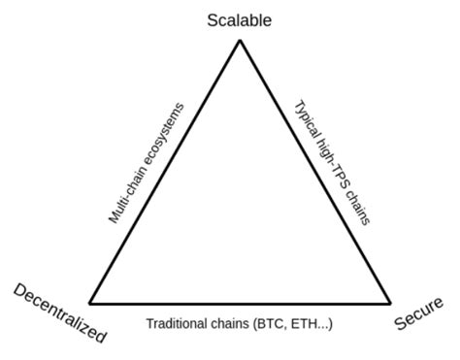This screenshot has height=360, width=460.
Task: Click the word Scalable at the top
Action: (x=239, y=18)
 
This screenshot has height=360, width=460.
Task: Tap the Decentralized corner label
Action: (x=59, y=311)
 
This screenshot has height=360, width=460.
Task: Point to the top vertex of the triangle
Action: (x=240, y=41)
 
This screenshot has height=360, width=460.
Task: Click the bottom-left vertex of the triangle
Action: (x=89, y=303)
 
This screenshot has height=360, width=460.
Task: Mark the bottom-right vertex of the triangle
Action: (x=390, y=303)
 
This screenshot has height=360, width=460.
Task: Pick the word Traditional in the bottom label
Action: (x=179, y=323)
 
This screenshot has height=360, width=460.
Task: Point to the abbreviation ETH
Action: (x=308, y=323)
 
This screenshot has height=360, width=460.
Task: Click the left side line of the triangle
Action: (x=165, y=172)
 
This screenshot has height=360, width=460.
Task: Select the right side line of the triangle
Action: (x=315, y=172)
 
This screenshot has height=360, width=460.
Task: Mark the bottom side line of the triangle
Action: (x=240, y=303)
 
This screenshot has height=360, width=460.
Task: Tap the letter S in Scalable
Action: (x=213, y=18)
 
